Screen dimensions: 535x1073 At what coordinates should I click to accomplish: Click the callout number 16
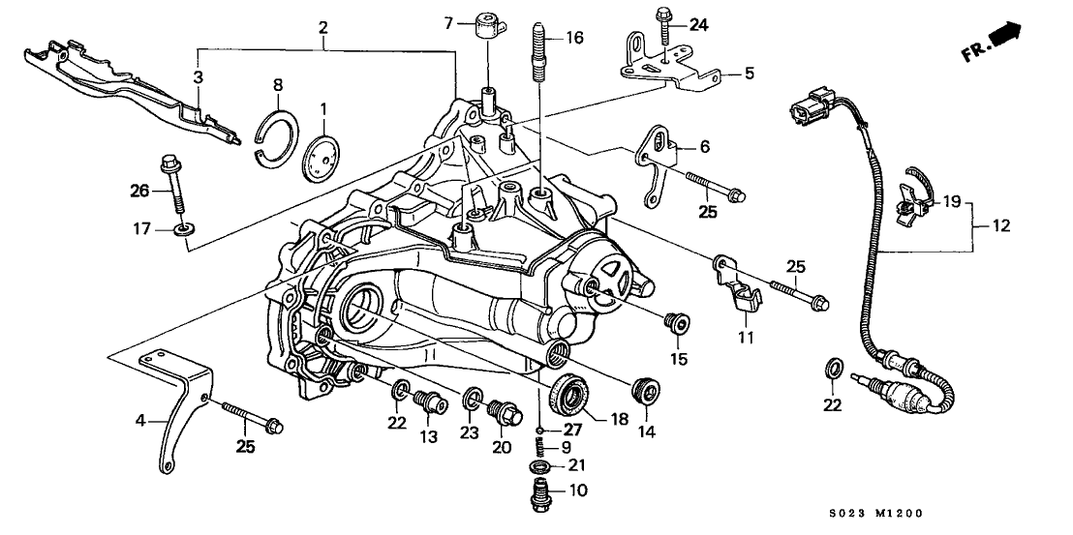(x=575, y=38)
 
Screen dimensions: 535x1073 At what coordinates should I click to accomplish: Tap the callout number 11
(x=745, y=338)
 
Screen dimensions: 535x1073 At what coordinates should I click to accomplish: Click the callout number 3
(x=197, y=75)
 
